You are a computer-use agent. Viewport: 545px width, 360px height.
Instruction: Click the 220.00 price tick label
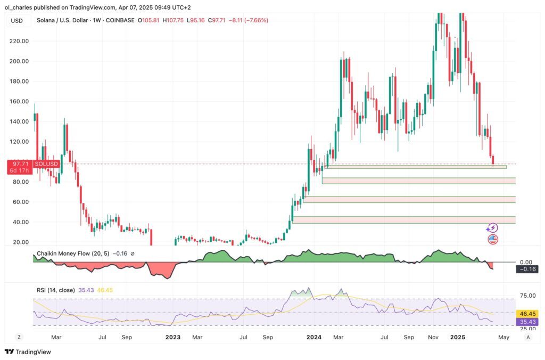[x=20, y=41]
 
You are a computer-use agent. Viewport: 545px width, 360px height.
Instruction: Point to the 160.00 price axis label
[x=20, y=101]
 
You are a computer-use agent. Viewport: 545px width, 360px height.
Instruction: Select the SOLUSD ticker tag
[x=45, y=164]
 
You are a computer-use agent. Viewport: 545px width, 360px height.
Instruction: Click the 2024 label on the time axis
[x=314, y=337]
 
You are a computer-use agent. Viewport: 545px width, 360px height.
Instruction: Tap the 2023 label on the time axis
[x=172, y=337]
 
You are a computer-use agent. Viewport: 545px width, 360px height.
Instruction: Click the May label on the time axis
[x=503, y=337]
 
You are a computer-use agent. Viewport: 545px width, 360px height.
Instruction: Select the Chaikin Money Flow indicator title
[x=72, y=253]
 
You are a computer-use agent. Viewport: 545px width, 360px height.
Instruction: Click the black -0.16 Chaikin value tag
[x=527, y=269]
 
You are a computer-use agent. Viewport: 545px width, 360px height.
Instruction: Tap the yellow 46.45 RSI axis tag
[x=527, y=314]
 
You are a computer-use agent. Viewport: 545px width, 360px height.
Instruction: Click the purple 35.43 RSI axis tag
[x=527, y=322]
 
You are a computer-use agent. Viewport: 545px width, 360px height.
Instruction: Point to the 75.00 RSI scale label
[x=526, y=296]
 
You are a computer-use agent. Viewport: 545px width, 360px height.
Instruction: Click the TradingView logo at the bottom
[x=27, y=351]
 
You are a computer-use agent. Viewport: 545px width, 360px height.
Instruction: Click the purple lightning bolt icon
[x=493, y=228]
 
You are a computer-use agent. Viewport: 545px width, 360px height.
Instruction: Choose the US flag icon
[x=493, y=239]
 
